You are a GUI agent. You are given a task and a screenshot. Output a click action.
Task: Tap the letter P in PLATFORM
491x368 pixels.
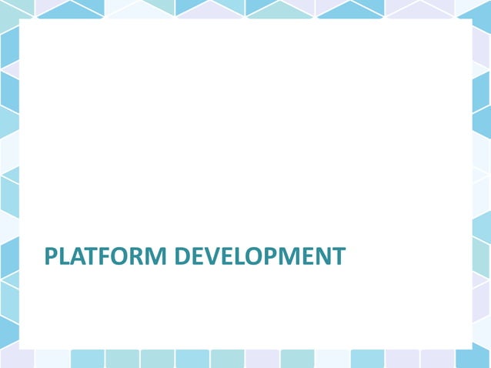tap(51, 256)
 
